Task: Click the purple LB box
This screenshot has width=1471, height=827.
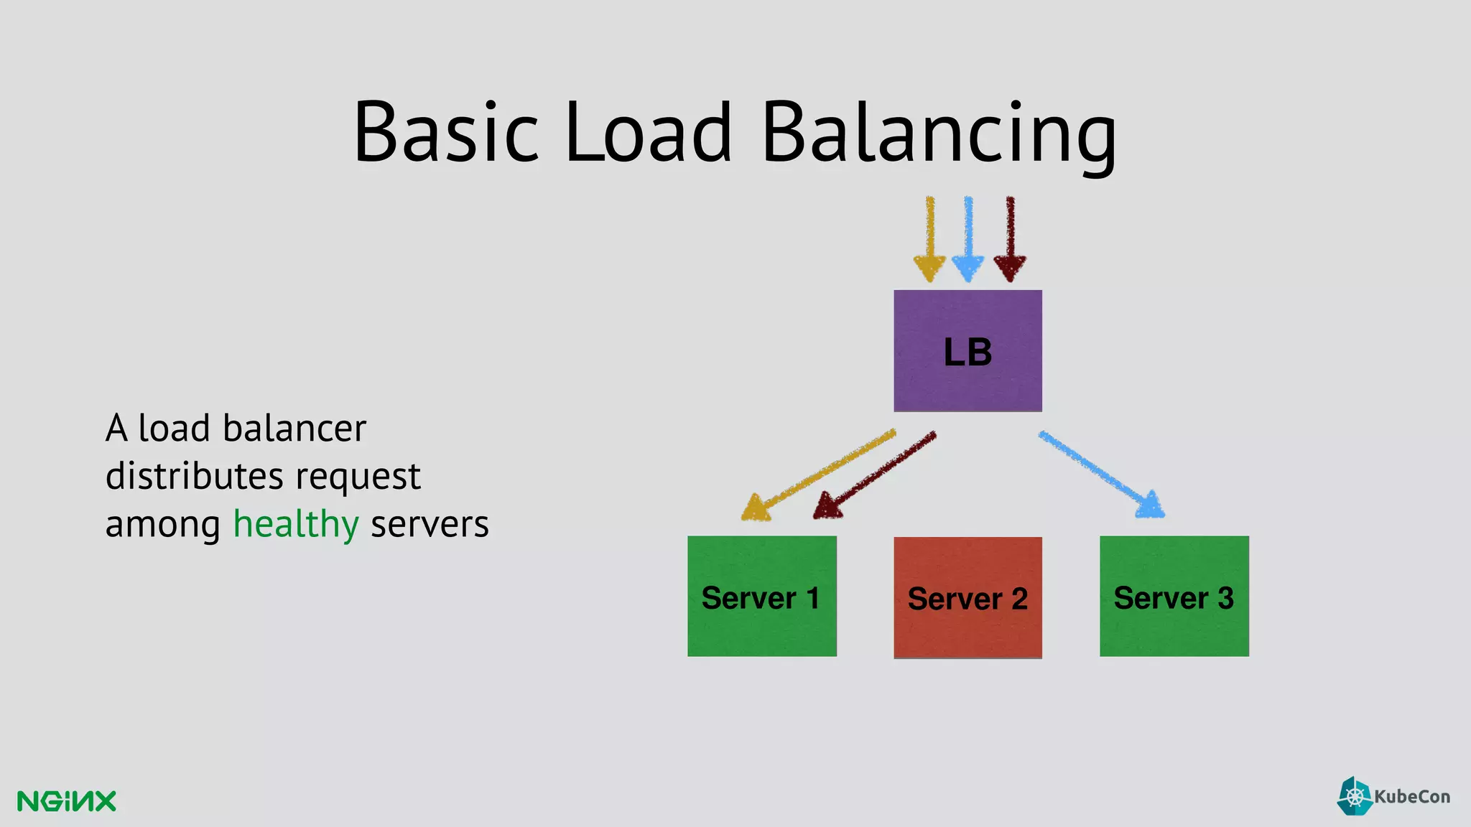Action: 967,350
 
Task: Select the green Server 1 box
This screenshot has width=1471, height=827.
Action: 761,596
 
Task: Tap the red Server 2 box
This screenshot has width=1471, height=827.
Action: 967,597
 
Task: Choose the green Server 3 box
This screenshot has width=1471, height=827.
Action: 1174,596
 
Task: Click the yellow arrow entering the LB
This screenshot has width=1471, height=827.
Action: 930,237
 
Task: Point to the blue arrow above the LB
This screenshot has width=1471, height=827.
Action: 968,237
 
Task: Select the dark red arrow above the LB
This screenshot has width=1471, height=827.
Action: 1010,237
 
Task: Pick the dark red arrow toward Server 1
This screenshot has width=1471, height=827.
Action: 876,474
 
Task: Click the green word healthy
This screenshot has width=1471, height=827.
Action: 295,524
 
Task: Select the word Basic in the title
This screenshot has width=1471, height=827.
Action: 445,133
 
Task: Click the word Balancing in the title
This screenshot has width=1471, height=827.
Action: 937,133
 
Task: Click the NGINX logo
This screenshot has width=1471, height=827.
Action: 66,801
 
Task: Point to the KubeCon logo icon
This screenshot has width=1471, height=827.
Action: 1355,796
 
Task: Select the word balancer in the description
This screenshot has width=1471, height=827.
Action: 294,429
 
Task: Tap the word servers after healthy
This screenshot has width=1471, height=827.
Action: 430,524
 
